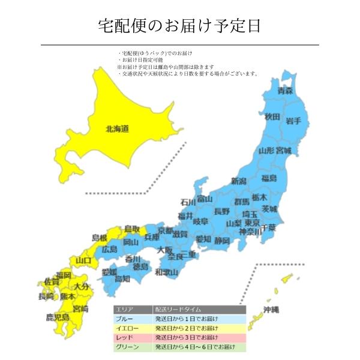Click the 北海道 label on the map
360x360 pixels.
117,128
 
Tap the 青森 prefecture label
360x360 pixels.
285,91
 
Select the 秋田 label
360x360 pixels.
272,116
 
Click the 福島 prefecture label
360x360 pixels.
269,178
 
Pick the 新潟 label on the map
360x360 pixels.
238,181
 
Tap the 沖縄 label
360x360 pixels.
271,310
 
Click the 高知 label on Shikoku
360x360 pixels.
122,278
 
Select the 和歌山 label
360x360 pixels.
166,272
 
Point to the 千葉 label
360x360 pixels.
268,228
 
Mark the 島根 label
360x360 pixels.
100,238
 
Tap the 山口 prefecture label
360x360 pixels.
83,260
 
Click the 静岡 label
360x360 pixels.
222,241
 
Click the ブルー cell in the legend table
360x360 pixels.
132,318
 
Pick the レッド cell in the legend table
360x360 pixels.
132,337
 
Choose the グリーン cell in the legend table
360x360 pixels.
132,347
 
